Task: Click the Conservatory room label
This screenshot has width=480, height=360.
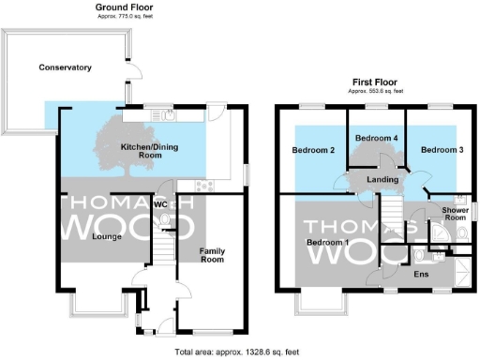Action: point(65,67)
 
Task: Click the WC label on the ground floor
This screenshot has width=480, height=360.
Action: point(160,203)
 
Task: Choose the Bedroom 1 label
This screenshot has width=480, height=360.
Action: point(327,243)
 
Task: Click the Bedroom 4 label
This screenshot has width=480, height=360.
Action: point(377,139)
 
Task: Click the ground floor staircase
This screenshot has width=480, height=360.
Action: point(165,249)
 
